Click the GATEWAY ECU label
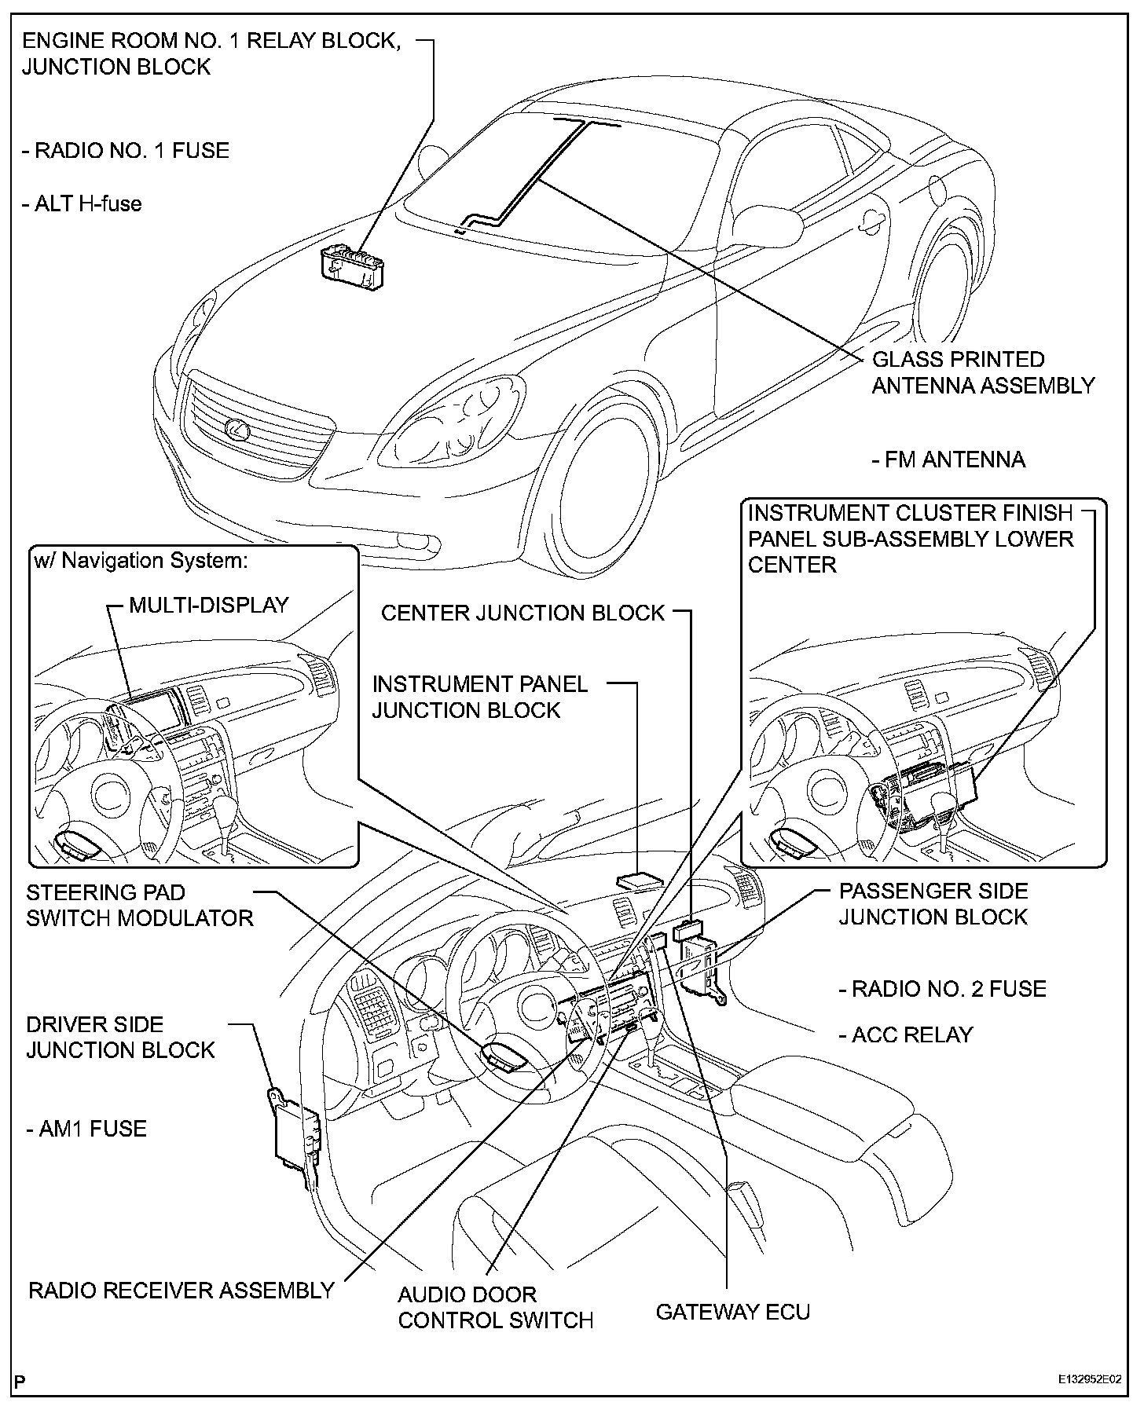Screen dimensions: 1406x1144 (732, 1312)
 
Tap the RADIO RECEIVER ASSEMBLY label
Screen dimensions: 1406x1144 (181, 1290)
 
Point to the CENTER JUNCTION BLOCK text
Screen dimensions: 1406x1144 (522, 613)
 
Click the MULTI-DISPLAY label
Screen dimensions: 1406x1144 (209, 605)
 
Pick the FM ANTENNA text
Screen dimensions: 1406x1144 (948, 460)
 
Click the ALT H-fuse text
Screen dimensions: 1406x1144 (82, 204)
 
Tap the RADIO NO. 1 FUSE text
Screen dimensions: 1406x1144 (126, 150)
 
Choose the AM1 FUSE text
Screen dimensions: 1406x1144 (86, 1129)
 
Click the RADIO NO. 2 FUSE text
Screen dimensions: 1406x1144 (943, 988)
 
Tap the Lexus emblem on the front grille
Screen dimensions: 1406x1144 (236, 429)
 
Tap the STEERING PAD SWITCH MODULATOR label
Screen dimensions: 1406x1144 (140, 905)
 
